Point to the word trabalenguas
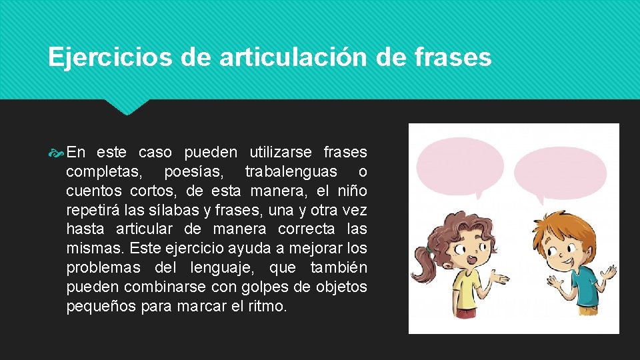291,171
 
